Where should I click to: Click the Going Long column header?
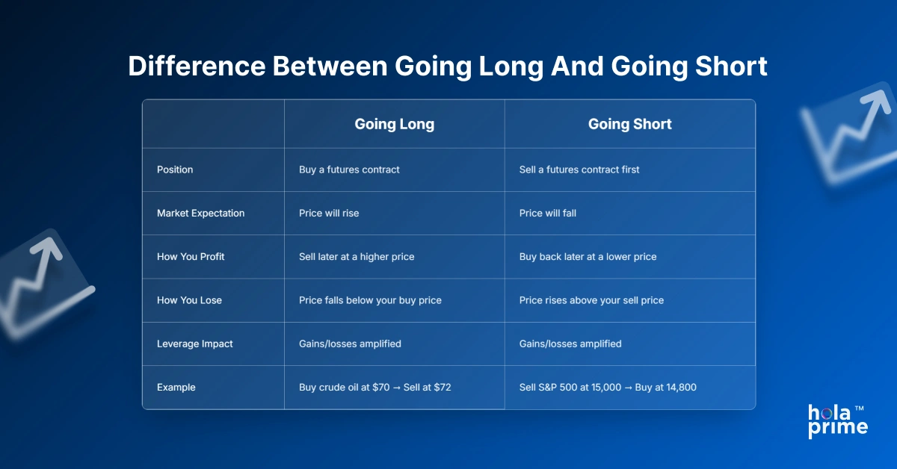(394, 125)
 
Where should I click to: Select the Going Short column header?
(629, 125)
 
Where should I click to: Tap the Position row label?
(175, 170)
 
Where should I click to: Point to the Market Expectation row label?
(200, 213)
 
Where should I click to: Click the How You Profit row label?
(191, 256)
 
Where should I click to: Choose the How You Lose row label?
(189, 300)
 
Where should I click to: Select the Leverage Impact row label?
(194, 344)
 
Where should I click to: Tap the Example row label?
(176, 387)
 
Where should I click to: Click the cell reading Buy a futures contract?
(349, 170)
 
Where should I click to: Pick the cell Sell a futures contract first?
(579, 170)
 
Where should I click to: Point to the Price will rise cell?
(329, 213)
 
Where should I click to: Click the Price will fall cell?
(548, 213)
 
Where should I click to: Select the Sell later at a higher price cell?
(357, 256)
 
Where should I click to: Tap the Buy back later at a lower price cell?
(588, 256)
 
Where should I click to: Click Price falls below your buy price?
(370, 300)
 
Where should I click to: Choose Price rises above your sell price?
(591, 300)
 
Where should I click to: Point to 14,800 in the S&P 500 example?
(681, 387)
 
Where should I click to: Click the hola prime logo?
(837, 420)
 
